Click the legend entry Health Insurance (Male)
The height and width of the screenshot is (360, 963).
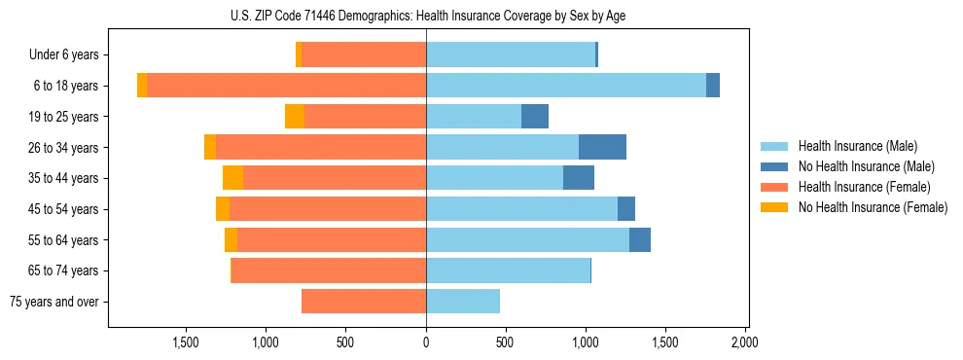[x=857, y=146]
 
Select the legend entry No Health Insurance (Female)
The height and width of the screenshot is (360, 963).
[x=872, y=207]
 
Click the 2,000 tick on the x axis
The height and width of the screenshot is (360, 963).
[x=744, y=342]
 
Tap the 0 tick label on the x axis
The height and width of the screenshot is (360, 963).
[x=426, y=342]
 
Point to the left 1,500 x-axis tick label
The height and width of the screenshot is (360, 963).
[x=186, y=342]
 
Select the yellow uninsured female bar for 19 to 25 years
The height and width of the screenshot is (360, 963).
[x=295, y=117]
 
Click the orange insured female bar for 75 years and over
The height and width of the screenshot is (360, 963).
[x=364, y=302]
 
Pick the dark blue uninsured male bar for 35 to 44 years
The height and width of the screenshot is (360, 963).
[x=579, y=178]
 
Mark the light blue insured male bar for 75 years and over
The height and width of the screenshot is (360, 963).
[x=463, y=302]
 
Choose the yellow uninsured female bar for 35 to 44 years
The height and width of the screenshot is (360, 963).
[x=232, y=178]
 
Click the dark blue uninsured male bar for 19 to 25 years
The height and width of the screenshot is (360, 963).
[x=535, y=117]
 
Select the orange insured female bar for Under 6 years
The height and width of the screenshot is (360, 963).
[x=364, y=55]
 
